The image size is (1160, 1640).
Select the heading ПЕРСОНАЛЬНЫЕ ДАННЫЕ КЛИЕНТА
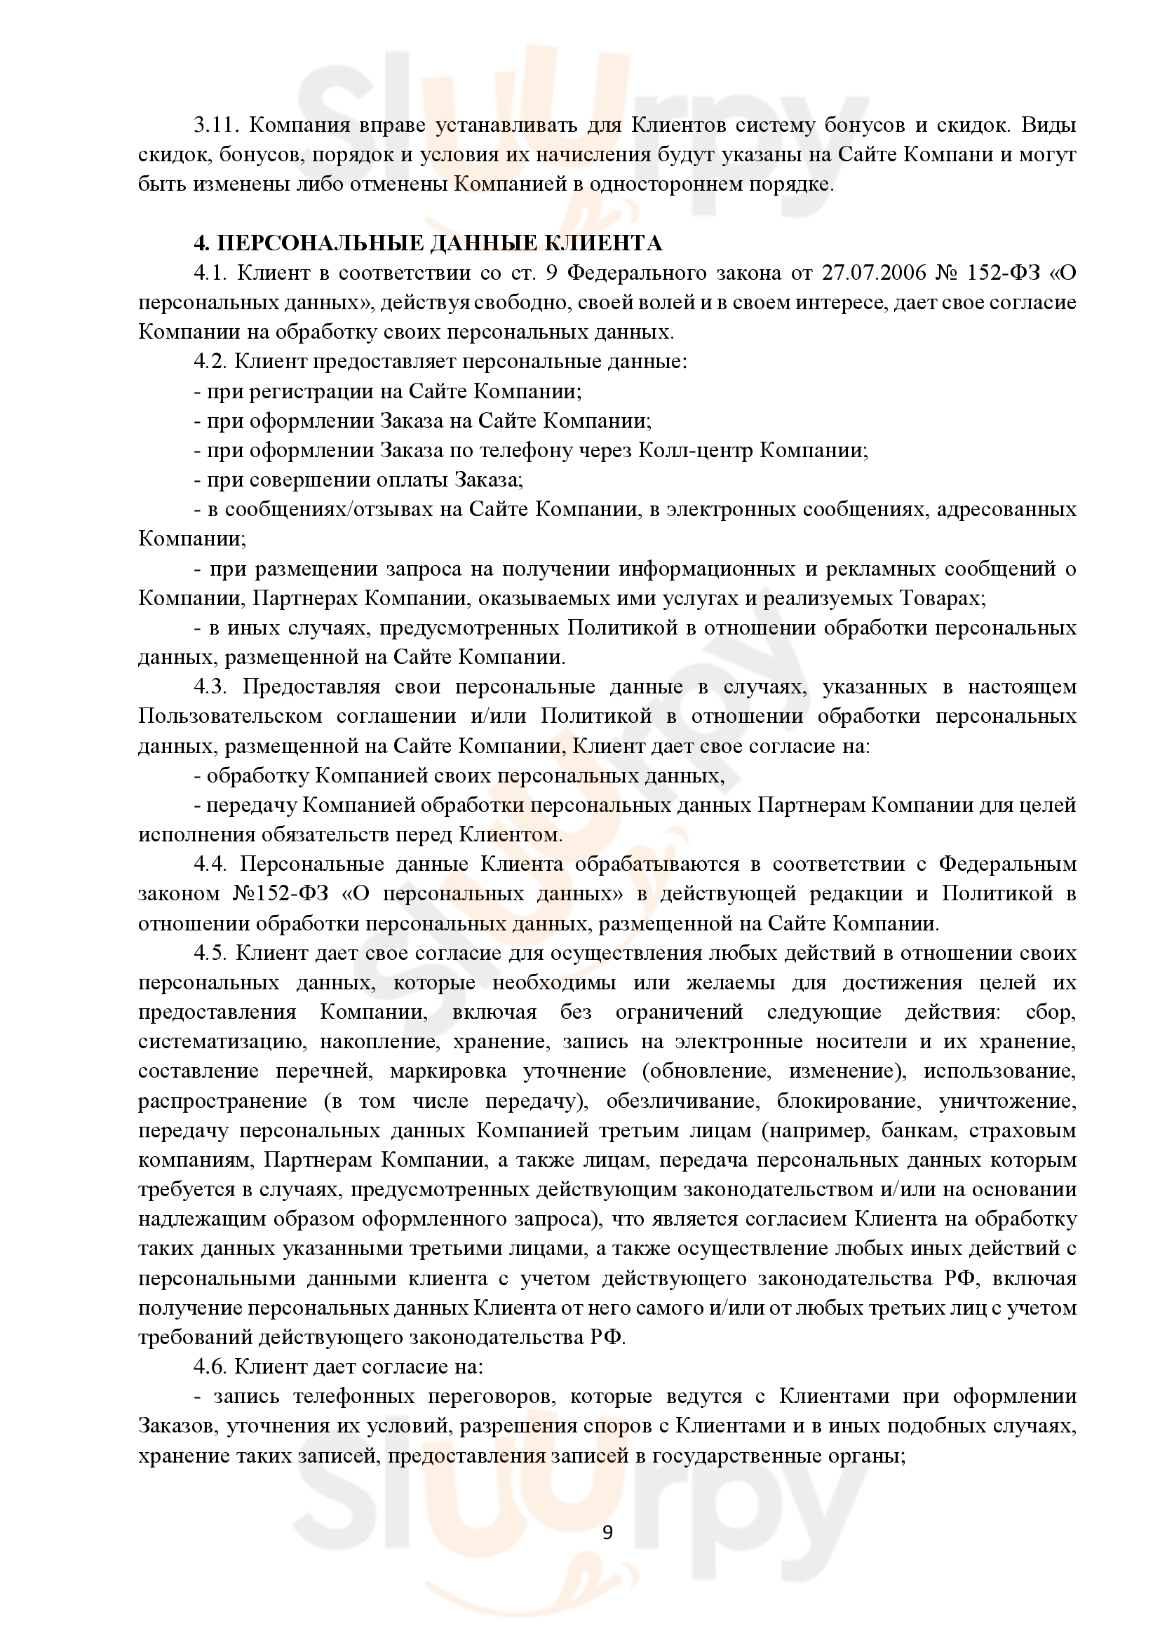(438, 243)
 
